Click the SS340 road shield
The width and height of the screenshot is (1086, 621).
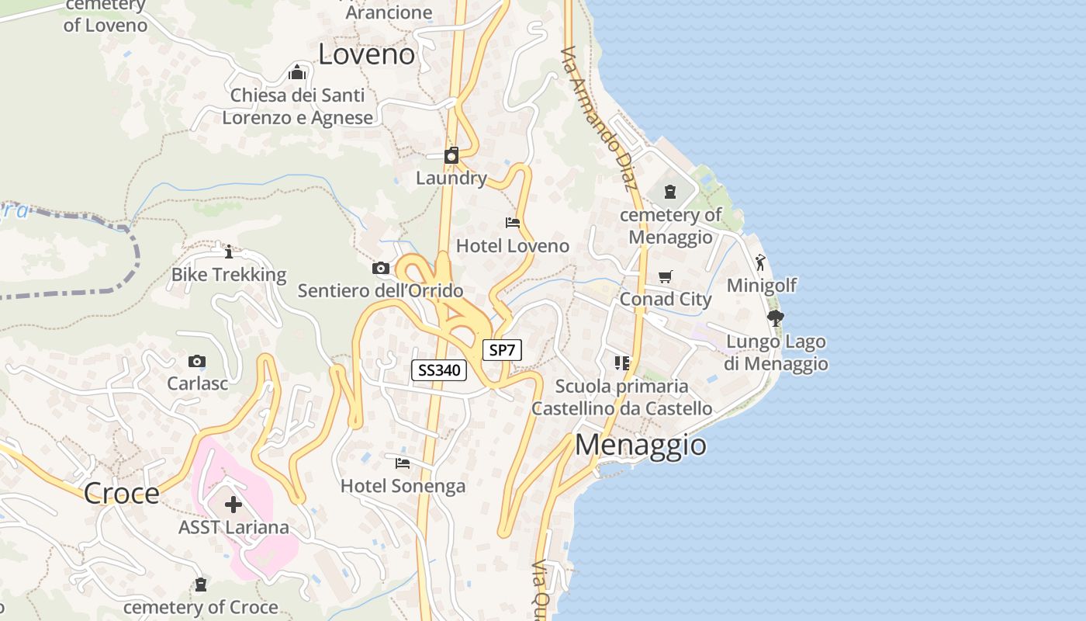point(439,370)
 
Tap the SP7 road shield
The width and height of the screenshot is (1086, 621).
point(502,350)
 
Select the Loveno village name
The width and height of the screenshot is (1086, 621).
point(367,54)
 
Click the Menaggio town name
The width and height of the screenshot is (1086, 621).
point(641,445)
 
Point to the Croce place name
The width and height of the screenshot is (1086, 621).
point(121,493)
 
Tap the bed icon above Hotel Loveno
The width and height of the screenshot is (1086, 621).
point(513,223)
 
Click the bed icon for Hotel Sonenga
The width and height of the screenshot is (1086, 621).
point(403,463)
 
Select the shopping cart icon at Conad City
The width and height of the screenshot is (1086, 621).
point(665,276)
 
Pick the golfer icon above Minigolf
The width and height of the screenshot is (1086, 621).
point(760,262)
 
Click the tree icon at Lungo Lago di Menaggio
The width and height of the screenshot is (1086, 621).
point(775,317)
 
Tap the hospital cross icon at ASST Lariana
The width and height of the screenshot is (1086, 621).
point(233,505)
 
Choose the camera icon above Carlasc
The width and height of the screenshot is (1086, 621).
point(197,361)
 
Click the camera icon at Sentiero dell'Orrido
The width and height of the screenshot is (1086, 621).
point(381,269)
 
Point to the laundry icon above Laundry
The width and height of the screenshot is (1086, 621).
point(451,155)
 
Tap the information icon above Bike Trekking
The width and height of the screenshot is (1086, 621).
point(228,252)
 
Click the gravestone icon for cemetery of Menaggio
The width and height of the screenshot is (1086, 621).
point(670,191)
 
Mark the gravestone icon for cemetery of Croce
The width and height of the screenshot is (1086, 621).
point(201,585)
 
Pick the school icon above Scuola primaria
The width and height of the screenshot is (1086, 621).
point(621,363)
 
